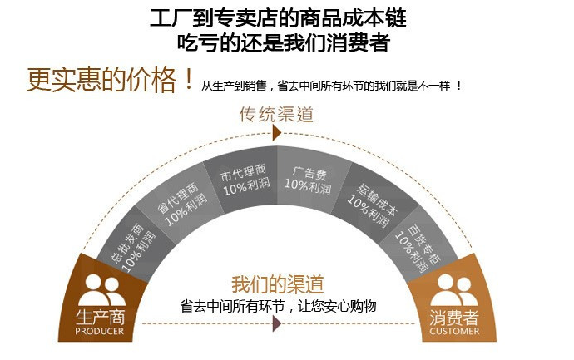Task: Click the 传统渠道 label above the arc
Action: [x=277, y=114]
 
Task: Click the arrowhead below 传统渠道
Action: [x=277, y=133]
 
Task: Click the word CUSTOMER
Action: [x=454, y=331]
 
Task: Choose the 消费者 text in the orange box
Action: [x=454, y=317]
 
